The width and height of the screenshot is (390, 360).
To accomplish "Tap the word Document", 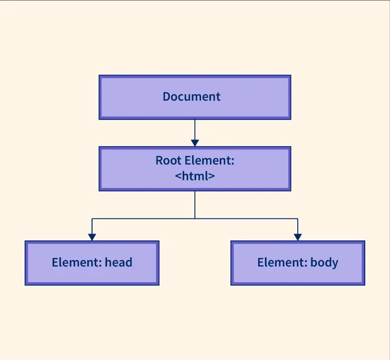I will click(x=192, y=97).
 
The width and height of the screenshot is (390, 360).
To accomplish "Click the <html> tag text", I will click(x=195, y=176).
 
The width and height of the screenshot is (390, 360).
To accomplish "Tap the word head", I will click(x=119, y=262).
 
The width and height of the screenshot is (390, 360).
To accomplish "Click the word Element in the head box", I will click(x=76, y=262).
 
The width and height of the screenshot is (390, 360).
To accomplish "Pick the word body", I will click(x=324, y=262).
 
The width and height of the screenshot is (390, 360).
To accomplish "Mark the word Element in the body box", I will click(x=282, y=262).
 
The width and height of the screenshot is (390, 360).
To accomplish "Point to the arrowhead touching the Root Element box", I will click(x=195, y=143).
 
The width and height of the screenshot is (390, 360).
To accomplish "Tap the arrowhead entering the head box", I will click(x=92, y=237).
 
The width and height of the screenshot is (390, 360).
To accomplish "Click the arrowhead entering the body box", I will click(x=297, y=237).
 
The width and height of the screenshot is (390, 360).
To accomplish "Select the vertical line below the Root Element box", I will click(x=195, y=204).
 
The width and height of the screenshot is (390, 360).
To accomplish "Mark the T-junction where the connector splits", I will click(x=195, y=219).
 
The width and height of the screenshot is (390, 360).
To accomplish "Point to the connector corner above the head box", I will click(x=92, y=219).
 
